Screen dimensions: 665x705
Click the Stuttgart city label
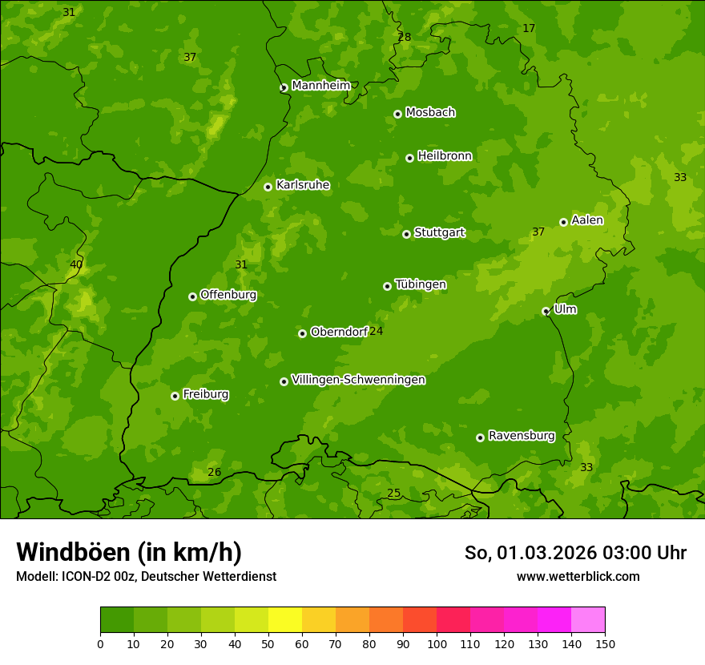click(x=439, y=233)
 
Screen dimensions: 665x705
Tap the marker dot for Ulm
click(x=546, y=311)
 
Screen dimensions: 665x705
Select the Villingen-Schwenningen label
click(x=358, y=380)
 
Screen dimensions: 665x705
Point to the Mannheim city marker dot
click(x=284, y=88)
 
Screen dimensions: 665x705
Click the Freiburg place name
click(x=205, y=394)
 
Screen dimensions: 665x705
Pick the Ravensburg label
click(x=521, y=436)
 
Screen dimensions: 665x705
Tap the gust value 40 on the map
click(x=76, y=264)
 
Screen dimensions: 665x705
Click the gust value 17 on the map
click(x=529, y=29)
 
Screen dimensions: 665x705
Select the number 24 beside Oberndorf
click(x=377, y=331)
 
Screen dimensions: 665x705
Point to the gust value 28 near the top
click(x=405, y=38)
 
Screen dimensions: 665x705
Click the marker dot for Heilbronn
click(x=409, y=158)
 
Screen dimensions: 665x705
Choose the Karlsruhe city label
click(x=302, y=185)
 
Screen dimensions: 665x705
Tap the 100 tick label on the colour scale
click(x=437, y=643)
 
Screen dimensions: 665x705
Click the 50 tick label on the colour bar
click(x=268, y=643)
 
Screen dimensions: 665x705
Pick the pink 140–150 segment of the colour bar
click(x=588, y=619)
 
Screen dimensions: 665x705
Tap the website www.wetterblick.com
click(x=578, y=576)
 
